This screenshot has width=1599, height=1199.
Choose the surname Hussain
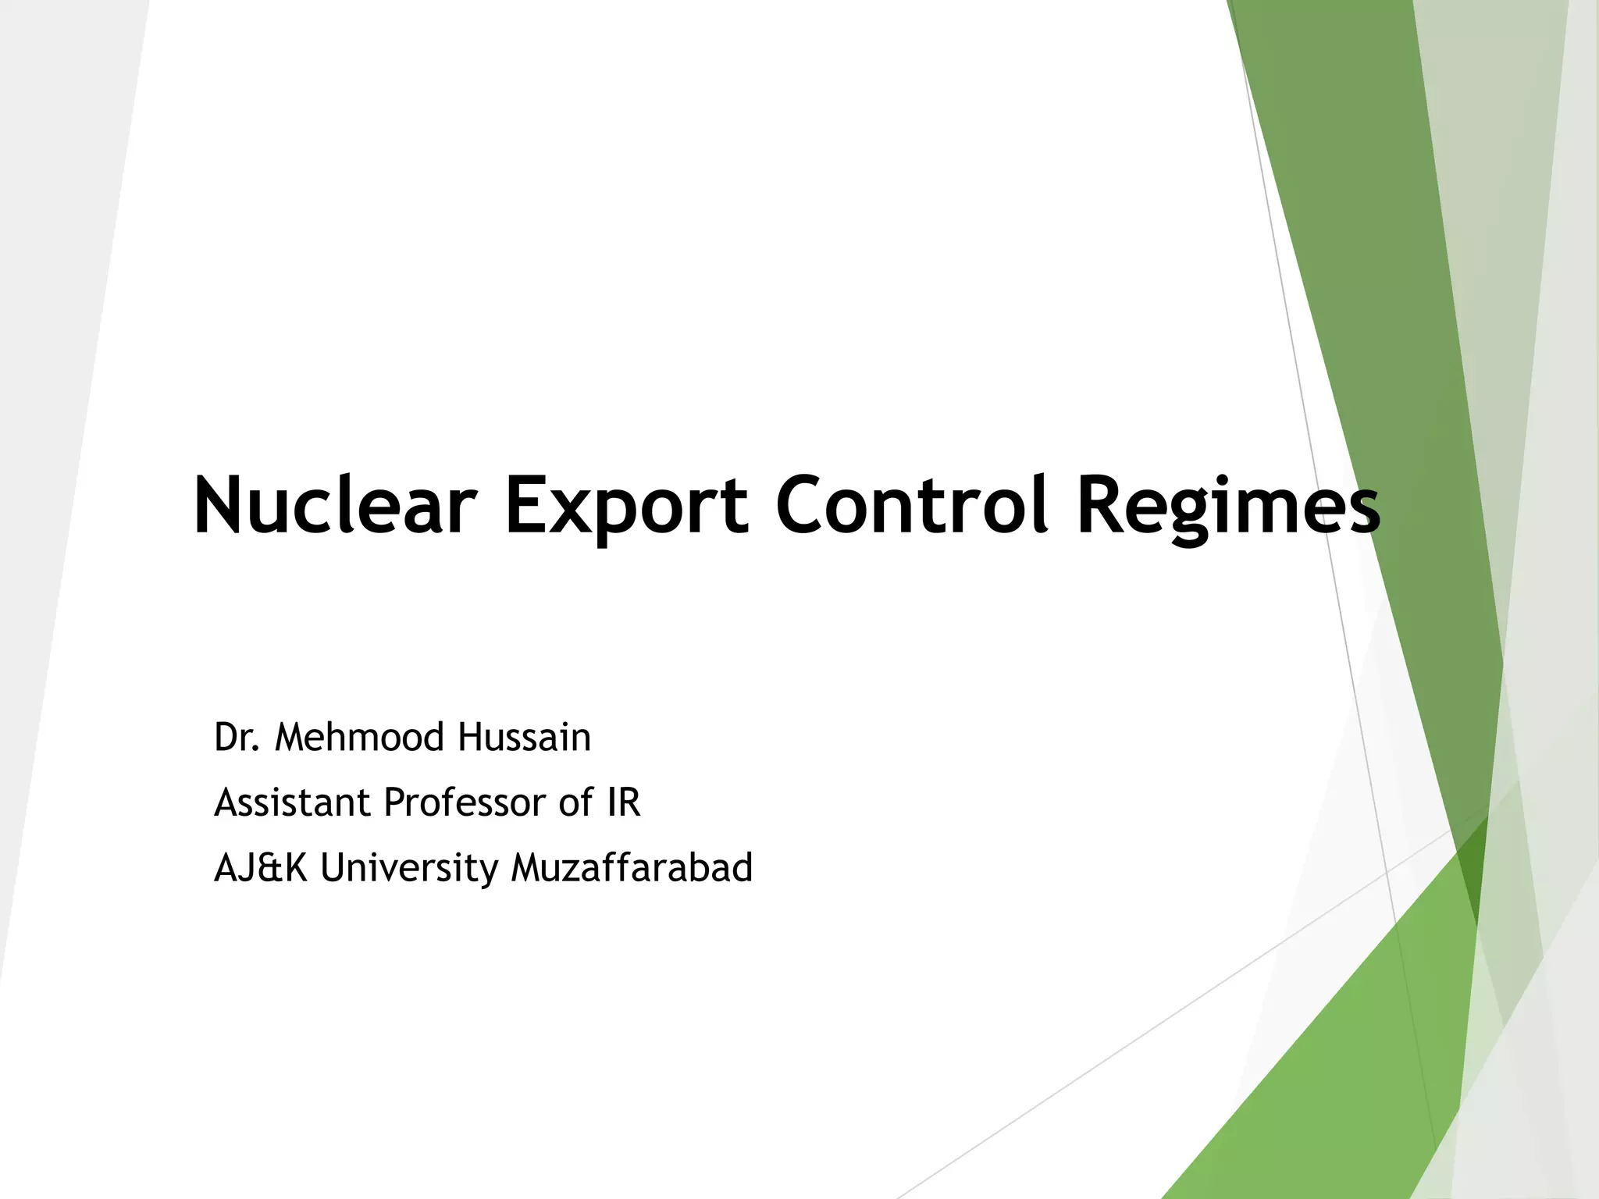tap(524, 738)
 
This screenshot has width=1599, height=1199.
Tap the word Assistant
tap(292, 802)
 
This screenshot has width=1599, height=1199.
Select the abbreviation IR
tap(623, 802)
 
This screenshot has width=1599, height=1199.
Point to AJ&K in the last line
tap(261, 868)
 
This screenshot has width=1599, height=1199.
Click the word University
tap(408, 868)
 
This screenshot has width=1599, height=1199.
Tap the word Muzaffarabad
tap(632, 868)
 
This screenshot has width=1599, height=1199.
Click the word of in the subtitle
tap(576, 802)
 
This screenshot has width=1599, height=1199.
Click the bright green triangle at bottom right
tap(1327, 1077)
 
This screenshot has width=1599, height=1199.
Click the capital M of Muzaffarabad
tap(528, 868)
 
